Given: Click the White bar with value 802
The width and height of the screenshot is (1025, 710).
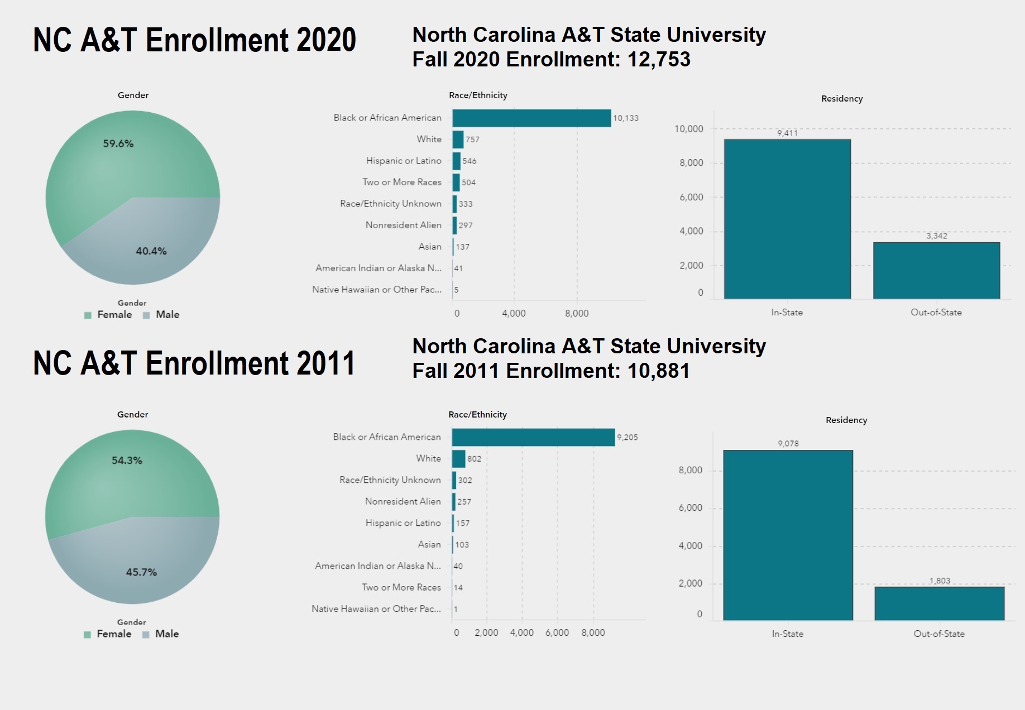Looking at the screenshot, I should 458,459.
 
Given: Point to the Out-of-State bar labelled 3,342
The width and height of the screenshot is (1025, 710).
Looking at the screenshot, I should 936,271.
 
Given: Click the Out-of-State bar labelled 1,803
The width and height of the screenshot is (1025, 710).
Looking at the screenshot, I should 939,603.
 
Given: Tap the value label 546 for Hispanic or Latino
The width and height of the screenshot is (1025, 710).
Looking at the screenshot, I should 470,161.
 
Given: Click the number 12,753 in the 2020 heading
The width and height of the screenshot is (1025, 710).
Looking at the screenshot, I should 659,59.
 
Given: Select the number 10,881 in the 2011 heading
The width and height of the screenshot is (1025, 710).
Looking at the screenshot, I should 659,371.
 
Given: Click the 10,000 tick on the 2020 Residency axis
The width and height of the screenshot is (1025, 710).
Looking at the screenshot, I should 689,129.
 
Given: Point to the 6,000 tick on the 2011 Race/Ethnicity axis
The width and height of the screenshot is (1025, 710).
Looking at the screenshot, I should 557,632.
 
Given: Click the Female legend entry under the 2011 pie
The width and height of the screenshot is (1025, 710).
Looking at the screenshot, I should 114,634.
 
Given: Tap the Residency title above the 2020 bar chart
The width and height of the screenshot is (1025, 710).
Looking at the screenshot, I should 842,99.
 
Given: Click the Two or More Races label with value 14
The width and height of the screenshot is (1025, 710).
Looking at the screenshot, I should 401,587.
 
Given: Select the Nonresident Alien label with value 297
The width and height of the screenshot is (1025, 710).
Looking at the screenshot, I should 403,225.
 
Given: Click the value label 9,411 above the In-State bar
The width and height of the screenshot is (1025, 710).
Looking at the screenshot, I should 787,133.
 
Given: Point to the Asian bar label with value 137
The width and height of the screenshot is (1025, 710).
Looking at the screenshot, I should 430,247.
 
